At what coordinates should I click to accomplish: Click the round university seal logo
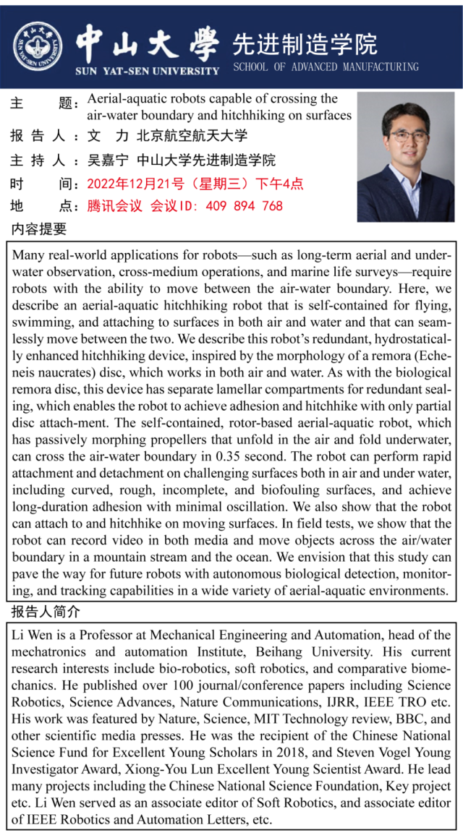click(38, 46)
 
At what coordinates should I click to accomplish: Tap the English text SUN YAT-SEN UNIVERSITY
click(147, 71)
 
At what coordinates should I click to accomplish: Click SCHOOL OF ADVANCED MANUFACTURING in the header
click(326, 67)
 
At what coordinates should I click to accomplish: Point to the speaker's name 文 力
click(108, 135)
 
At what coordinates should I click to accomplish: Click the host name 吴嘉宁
click(108, 160)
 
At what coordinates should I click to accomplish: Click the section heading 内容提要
click(39, 230)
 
